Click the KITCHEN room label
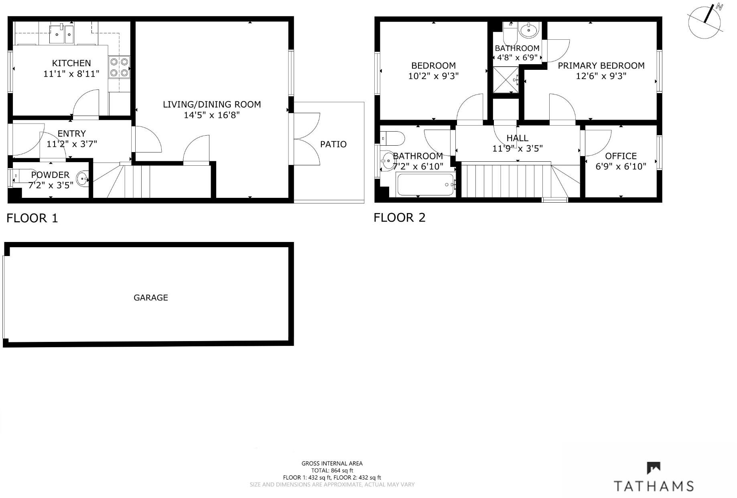pos(71,63)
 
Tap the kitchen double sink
pos(61,34)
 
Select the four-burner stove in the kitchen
pos(119,67)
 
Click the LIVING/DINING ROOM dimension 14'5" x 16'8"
pos(211,115)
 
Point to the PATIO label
pos(333,144)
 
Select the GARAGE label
pos(150,297)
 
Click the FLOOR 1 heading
pos(32,218)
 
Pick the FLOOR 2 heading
pos(399,217)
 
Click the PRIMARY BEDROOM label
pos(601,65)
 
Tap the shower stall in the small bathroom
pos(506,79)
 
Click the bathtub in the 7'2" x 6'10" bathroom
pos(426,185)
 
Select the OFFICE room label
pos(620,156)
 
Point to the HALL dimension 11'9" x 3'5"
pos(517,148)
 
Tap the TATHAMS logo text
pos(654,486)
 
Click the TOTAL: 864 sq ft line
pos(332,470)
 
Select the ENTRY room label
pos(71,134)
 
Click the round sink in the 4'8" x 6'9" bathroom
pos(528,30)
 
